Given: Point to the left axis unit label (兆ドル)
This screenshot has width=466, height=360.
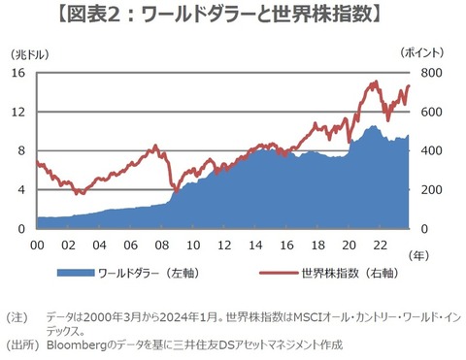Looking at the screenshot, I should coord(26,55).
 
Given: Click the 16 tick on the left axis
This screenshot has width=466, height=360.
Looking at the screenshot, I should coord(18,74).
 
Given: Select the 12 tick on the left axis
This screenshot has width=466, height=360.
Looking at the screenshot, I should coord(18,113).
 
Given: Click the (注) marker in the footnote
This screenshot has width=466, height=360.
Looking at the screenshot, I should coord(19,317).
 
